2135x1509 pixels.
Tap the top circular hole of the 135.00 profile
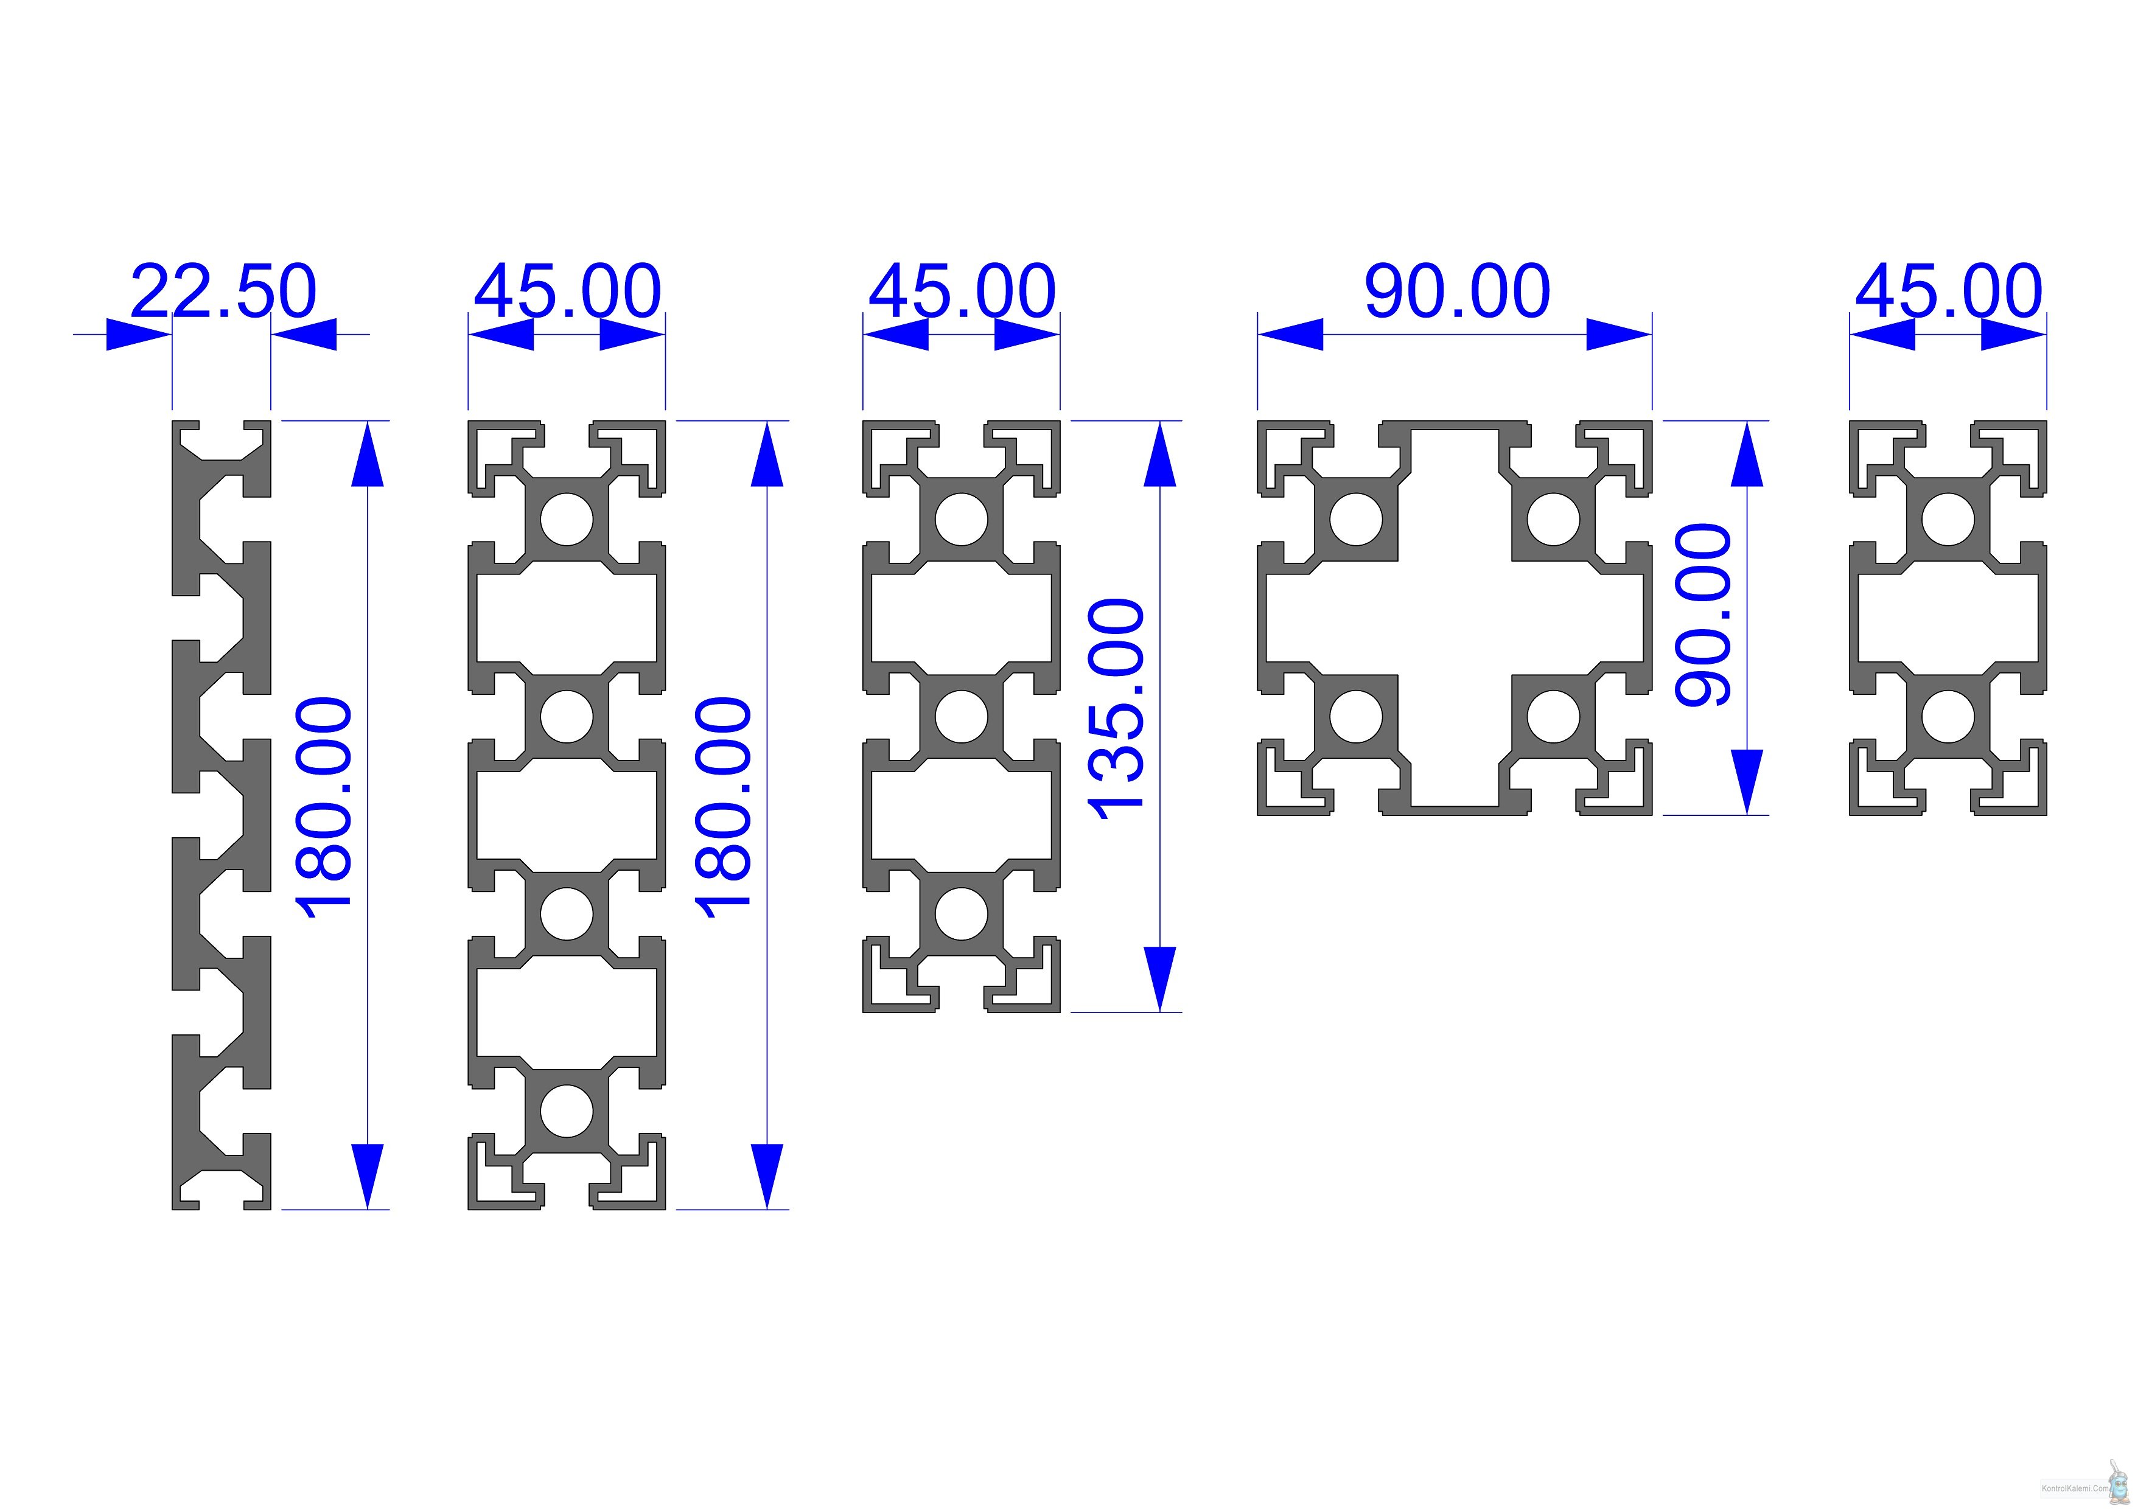(x=962, y=519)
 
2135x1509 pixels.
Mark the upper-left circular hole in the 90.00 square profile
(x=1356, y=519)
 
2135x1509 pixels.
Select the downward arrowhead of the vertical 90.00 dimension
(x=1747, y=782)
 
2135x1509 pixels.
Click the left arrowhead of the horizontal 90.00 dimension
(x=1291, y=334)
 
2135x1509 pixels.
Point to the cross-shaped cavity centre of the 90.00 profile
(x=1455, y=618)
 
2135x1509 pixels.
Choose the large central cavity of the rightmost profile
(x=1948, y=618)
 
